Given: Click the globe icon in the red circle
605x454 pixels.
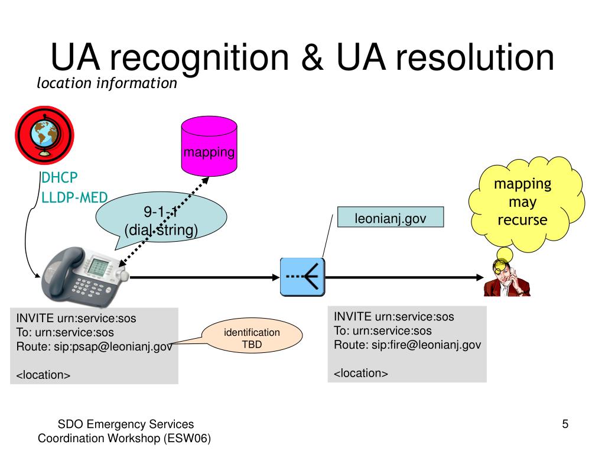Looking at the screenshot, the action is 44,135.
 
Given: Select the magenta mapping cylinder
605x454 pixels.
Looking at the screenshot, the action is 209,146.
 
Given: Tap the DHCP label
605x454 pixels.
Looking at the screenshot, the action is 60,177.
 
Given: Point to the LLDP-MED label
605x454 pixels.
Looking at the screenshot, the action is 74,197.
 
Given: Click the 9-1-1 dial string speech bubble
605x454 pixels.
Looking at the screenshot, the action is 161,217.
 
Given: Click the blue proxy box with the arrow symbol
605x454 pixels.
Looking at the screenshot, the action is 302,277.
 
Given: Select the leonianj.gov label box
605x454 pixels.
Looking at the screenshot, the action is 391,218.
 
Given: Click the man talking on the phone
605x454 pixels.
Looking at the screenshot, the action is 507,278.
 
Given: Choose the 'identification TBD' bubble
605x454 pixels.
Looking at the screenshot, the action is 252,336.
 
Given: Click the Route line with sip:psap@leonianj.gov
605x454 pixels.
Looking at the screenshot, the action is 94,346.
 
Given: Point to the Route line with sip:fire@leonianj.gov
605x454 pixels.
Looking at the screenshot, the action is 408,345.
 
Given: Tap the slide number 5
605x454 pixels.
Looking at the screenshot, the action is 565,424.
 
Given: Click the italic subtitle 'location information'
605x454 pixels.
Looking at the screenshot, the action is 107,83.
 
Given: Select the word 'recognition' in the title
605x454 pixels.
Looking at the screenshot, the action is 200,59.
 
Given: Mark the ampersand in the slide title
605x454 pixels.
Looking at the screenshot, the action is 312,57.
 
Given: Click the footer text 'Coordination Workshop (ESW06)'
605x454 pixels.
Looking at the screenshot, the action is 124,438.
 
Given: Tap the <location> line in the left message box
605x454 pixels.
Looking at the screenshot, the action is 43,375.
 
